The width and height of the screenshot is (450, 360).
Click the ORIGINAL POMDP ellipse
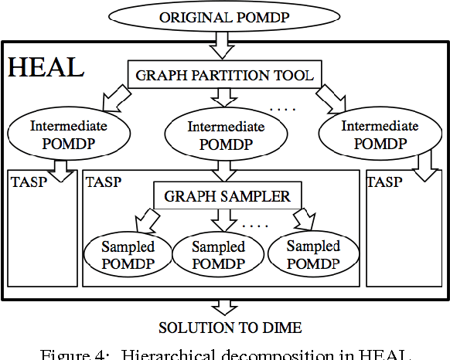tap(224, 17)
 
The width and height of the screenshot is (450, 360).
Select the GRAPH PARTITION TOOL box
tap(225, 76)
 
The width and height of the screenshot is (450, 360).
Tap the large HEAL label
tap(46, 67)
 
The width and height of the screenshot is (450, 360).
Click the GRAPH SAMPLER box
tap(227, 196)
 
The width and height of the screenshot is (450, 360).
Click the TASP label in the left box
tap(29, 182)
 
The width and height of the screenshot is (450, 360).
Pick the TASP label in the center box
tap(104, 182)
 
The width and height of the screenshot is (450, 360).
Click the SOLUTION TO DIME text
tap(224, 327)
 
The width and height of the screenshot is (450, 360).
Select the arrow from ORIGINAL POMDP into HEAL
tap(224, 44)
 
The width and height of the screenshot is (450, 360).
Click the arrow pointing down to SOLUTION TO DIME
tap(224, 306)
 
